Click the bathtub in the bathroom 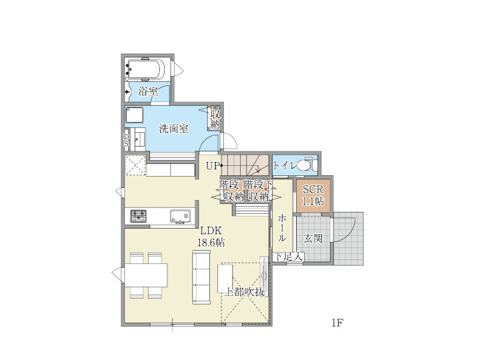point(146,69)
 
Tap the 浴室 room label point(148,91)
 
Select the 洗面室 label point(173,129)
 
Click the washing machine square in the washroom point(134,115)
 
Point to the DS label point(126,140)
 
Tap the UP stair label point(213,166)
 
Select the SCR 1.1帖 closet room point(313,195)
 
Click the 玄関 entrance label point(313,238)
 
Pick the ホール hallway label point(282,228)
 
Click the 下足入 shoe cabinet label point(288,257)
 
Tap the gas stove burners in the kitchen point(139,216)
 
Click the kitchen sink point(180,216)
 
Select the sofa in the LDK point(201,277)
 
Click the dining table point(146,275)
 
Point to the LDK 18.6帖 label point(211,236)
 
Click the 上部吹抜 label point(244,292)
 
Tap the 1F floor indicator point(337,323)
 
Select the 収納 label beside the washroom point(215,120)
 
